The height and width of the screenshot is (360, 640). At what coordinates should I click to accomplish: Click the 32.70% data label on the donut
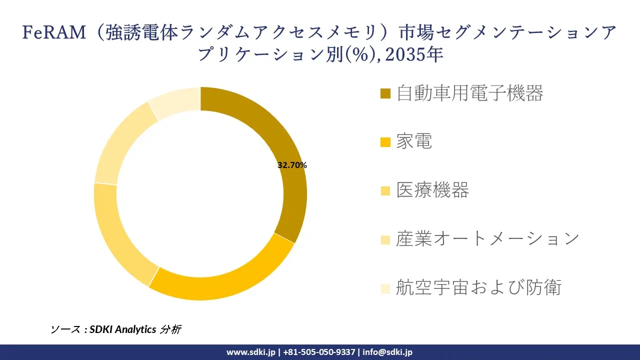tap(292, 165)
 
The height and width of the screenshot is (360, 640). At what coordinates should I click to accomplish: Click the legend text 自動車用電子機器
tap(469, 93)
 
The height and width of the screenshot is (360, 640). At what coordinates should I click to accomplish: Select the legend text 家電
tap(414, 142)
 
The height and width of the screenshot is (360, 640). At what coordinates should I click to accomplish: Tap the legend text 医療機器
tap(432, 190)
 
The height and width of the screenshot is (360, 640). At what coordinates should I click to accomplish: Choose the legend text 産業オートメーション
tap(487, 239)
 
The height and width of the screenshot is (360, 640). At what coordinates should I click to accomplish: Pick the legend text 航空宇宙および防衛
tap(478, 287)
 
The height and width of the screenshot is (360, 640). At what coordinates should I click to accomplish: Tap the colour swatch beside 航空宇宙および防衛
tap(385, 288)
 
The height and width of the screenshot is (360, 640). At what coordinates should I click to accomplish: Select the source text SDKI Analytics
tap(122, 329)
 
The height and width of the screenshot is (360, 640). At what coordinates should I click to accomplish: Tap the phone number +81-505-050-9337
tap(319, 352)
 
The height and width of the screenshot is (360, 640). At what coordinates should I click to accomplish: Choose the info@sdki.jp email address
tap(387, 352)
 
